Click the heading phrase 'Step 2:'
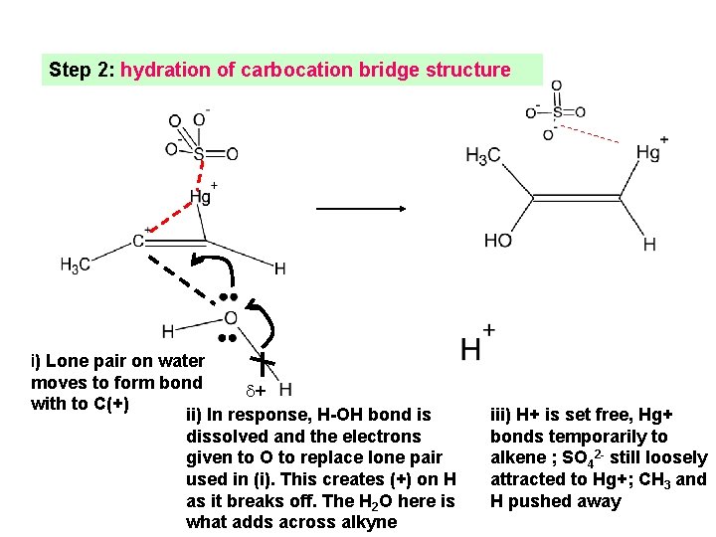coord(82,71)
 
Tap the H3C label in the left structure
coord(75,265)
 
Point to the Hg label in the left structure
coord(201,196)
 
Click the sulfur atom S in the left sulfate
coord(199,154)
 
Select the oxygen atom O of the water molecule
coord(230,318)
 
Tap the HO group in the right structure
coord(498,241)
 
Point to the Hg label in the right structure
coord(648,152)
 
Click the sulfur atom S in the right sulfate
coord(556,111)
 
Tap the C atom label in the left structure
coord(138,241)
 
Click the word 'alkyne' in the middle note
coord(368,522)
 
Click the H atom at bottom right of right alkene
coord(649,244)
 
